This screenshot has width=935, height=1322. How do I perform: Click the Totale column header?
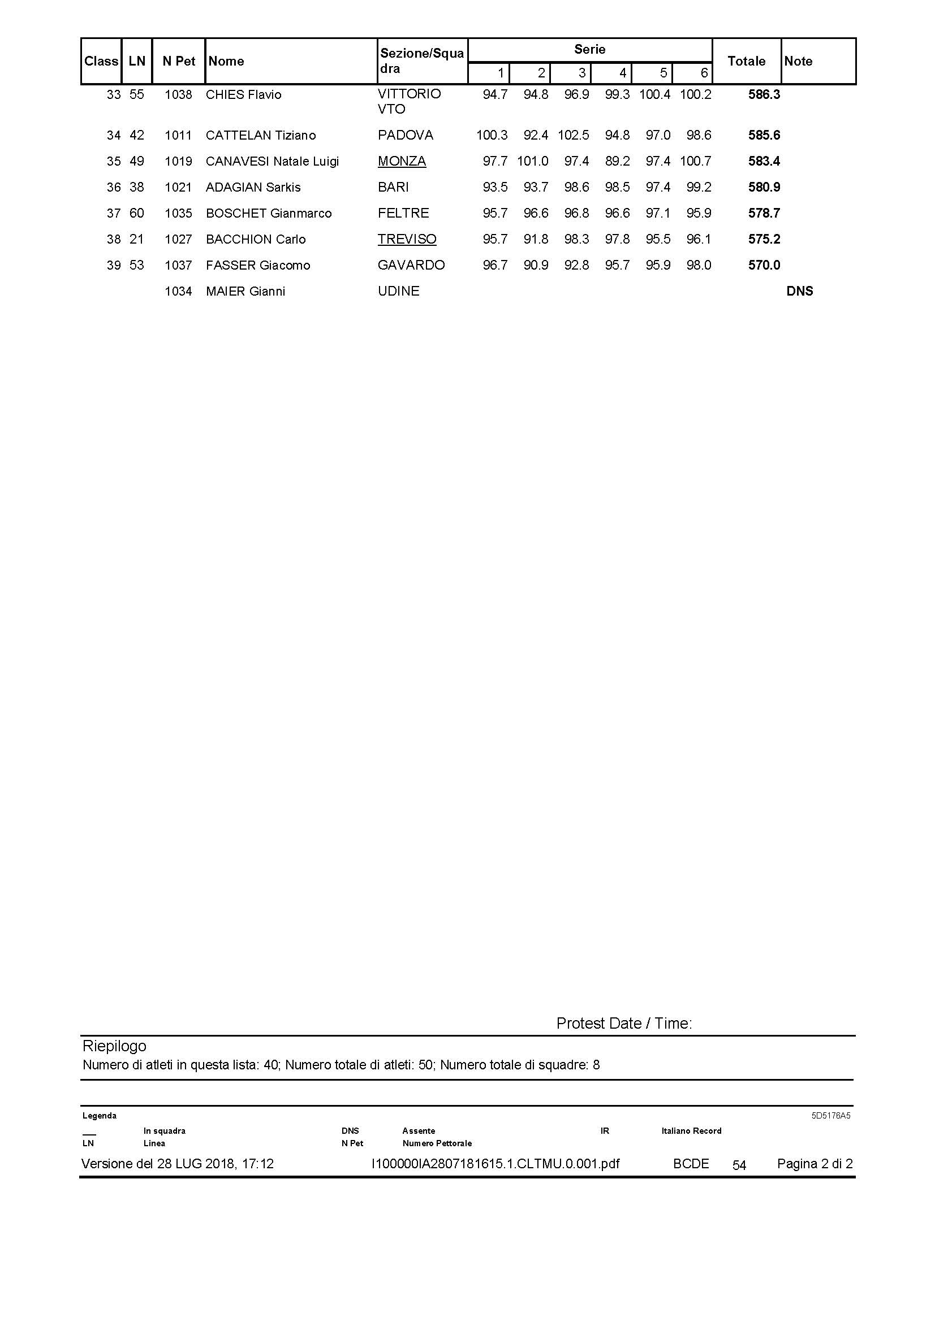(x=746, y=61)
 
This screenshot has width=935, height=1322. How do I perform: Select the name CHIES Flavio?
(x=243, y=94)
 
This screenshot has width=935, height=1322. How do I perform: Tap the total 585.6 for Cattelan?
(x=764, y=135)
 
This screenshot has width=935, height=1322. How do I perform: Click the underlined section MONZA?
(x=402, y=161)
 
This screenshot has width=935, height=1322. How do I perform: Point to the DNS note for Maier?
(x=800, y=291)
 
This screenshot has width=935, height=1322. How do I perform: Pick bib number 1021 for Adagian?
(x=178, y=187)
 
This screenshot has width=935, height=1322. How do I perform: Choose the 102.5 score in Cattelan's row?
(x=573, y=135)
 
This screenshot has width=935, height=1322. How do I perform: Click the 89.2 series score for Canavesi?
(x=617, y=161)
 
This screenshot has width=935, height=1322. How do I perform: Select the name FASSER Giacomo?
(x=257, y=266)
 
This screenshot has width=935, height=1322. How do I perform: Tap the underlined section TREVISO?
(x=407, y=239)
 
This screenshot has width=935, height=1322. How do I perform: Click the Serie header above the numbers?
(x=589, y=50)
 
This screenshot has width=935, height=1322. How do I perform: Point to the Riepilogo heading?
(x=114, y=1046)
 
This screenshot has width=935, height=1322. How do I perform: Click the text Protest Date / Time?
(x=624, y=1023)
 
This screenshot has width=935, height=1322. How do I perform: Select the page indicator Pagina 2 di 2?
(x=815, y=1164)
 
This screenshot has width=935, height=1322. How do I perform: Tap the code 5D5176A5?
(x=831, y=1115)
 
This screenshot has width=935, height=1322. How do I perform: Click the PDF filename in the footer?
(x=495, y=1164)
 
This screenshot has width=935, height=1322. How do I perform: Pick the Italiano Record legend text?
(x=691, y=1131)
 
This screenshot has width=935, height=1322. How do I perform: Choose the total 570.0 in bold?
(x=764, y=266)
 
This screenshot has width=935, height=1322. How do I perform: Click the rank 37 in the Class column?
(x=114, y=213)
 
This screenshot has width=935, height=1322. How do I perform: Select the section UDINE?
(x=398, y=291)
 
